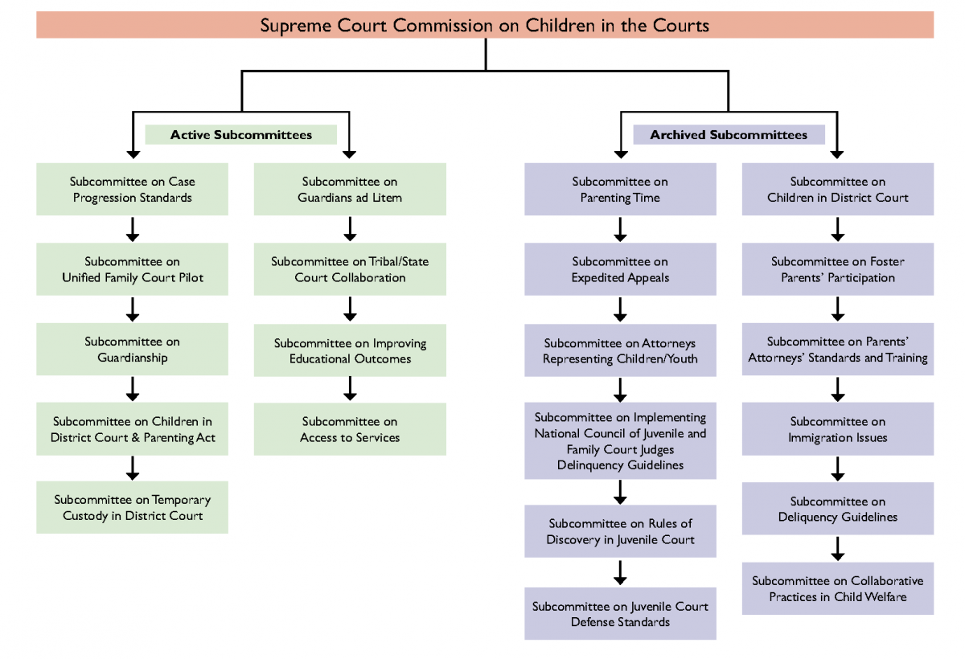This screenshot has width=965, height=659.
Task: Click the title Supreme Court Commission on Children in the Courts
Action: (484, 25)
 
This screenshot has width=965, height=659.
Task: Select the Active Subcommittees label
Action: (240, 134)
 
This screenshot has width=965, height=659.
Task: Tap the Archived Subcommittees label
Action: (729, 134)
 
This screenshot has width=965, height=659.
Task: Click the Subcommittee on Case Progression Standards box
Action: (132, 190)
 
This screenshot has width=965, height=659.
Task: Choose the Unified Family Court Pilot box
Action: (132, 269)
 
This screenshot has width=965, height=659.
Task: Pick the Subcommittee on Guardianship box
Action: (132, 350)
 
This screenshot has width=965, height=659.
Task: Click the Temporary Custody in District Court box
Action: (132, 508)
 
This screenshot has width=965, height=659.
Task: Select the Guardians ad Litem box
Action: (350, 190)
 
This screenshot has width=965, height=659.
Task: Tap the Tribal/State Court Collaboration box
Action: (350, 269)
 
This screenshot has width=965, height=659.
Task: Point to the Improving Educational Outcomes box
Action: (350, 350)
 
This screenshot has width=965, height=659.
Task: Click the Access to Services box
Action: (350, 429)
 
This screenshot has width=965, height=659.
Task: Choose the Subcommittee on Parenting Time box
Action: (620, 190)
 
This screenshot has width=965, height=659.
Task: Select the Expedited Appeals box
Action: (620, 269)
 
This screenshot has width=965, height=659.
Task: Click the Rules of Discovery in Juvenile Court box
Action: (620, 531)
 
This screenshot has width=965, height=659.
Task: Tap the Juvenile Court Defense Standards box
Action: (620, 614)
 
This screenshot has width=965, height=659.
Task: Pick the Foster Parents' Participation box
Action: (837, 269)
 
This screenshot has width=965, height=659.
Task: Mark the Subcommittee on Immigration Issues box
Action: (837, 429)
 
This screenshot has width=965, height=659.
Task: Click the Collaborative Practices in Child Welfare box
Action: (837, 588)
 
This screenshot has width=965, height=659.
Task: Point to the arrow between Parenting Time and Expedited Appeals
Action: (620, 230)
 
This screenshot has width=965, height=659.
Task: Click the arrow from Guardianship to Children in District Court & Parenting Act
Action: (133, 389)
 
